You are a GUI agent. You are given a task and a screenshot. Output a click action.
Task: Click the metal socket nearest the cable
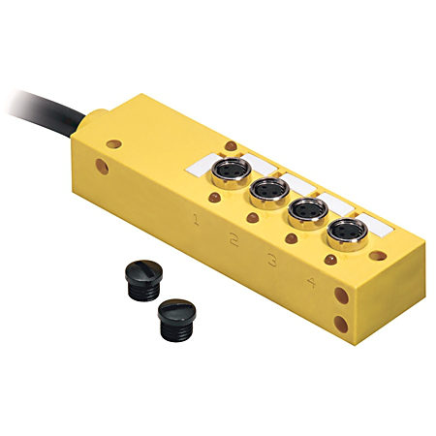pyautogui.click(x=230, y=172)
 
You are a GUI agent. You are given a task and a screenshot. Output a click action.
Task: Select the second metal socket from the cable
pyautogui.click(x=266, y=194)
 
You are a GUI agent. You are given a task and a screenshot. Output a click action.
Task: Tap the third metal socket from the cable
pyautogui.click(x=302, y=213)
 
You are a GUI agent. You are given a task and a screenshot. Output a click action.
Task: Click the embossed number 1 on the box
pyautogui.click(x=197, y=221)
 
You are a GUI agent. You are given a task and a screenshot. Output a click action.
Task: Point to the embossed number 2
pyautogui.click(x=234, y=238)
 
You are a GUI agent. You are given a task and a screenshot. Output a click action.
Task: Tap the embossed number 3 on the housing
pyautogui.click(x=273, y=260)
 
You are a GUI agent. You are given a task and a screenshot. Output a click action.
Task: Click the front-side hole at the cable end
pyautogui.click(x=104, y=175)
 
